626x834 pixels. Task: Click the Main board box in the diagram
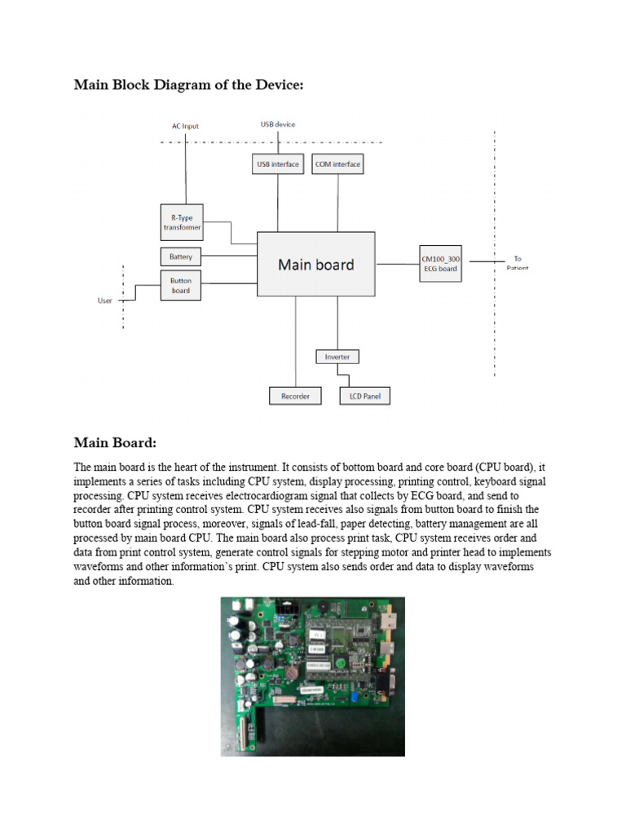(x=316, y=264)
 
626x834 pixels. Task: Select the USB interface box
(x=278, y=165)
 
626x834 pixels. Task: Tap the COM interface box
(x=337, y=165)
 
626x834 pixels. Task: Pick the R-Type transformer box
(x=181, y=222)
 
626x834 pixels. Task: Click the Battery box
(x=181, y=257)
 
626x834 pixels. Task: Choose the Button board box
(x=181, y=286)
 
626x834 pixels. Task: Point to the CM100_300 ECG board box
(x=441, y=263)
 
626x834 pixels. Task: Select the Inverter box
(x=337, y=357)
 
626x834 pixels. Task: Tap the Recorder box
(x=295, y=397)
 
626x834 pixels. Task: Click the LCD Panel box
(x=364, y=397)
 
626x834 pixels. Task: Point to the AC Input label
(x=185, y=126)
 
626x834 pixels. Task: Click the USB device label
(x=278, y=125)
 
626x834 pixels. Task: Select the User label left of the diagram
(x=105, y=301)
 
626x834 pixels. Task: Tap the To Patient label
(x=518, y=263)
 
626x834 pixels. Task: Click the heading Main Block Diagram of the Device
(x=188, y=84)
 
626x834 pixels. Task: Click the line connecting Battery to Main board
(x=229, y=257)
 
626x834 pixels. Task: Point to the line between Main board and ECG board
(x=398, y=263)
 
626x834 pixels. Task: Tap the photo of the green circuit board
(x=312, y=676)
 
